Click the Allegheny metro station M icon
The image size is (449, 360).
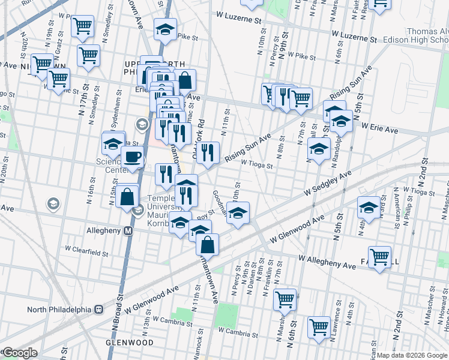(x=128, y=231)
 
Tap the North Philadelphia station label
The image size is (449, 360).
(x=58, y=310)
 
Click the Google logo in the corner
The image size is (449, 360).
(x=19, y=353)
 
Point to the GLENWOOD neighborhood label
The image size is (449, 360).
(x=130, y=342)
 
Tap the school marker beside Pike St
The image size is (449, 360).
(x=166, y=29)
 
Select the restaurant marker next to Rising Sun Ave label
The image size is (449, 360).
(x=208, y=152)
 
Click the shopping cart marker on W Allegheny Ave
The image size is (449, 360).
(x=379, y=257)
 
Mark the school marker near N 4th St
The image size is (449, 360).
(x=369, y=208)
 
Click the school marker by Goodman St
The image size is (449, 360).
(x=238, y=214)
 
